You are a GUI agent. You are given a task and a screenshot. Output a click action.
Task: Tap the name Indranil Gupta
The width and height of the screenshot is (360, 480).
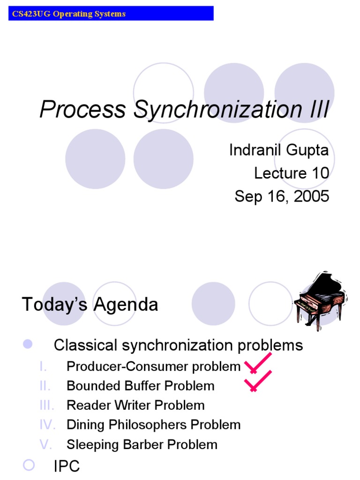279,150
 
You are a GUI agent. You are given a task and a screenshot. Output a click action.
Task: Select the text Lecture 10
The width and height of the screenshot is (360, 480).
291,173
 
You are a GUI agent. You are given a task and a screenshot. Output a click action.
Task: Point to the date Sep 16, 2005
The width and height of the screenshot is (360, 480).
282,196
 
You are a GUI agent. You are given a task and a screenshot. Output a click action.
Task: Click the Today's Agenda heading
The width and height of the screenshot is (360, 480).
90,305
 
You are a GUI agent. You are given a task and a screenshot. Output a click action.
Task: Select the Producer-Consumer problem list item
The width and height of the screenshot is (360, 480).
154,366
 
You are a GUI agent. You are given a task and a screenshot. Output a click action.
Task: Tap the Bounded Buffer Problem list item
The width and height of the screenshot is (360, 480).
141,386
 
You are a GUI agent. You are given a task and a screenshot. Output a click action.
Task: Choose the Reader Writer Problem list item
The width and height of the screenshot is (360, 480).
135,405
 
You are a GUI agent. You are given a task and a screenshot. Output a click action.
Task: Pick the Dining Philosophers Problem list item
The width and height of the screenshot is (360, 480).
154,425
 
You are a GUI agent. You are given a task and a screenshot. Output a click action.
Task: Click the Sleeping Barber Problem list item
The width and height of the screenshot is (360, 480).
142,444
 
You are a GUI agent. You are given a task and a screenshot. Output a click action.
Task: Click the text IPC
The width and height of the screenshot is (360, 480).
67,466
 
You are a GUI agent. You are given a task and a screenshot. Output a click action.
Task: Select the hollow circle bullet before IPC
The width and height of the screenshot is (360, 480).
29,465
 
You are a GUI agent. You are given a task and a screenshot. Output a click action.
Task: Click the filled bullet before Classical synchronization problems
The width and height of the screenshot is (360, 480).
28,345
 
